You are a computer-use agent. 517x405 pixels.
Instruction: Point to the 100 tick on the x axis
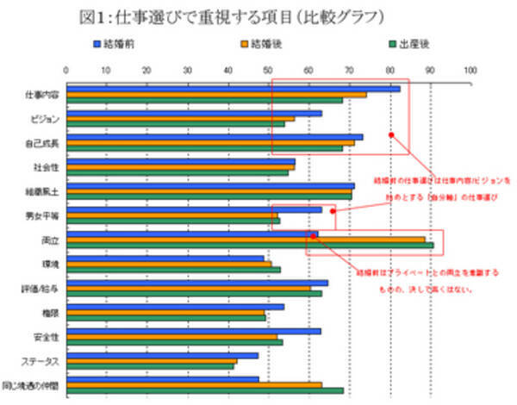click(470, 70)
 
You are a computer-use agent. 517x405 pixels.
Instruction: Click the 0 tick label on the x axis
click(66, 70)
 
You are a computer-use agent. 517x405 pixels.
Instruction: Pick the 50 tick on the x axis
click(268, 70)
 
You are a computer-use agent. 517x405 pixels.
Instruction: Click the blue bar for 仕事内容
click(233, 88)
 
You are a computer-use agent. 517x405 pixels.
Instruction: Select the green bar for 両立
click(250, 246)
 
